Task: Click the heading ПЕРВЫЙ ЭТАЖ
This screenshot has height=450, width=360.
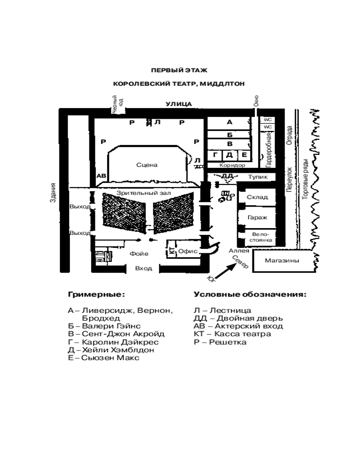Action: point(179,70)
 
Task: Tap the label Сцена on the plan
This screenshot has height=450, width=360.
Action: point(147,165)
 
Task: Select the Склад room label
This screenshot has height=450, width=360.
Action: point(257,197)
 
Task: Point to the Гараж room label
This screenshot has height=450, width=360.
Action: point(257,217)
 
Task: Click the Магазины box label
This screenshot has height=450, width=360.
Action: point(282,261)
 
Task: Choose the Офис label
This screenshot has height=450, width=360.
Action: point(189,252)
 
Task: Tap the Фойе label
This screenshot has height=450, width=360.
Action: point(139,254)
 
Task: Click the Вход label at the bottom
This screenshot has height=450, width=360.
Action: point(144,268)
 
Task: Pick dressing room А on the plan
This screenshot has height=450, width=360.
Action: point(229,122)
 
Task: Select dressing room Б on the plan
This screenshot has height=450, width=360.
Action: point(229,134)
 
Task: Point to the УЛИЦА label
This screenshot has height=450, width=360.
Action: point(179,104)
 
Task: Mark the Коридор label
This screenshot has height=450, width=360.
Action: point(232,165)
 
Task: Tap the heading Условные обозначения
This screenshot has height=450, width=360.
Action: point(250,295)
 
